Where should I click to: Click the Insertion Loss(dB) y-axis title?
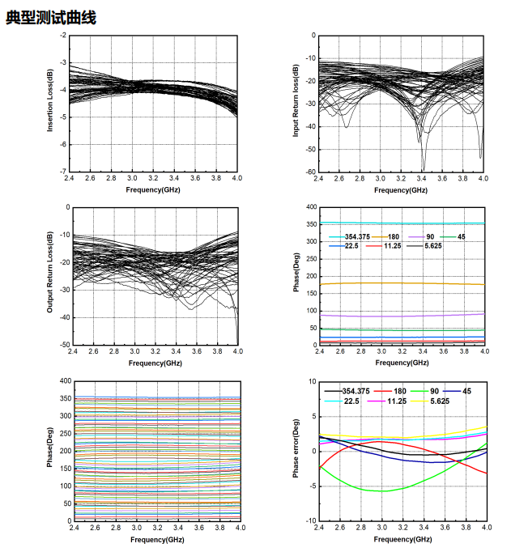tap(51, 101)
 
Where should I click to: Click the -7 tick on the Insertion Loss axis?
tap(64, 172)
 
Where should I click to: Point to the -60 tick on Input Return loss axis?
tap(309, 172)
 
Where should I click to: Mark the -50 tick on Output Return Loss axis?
tap(64, 345)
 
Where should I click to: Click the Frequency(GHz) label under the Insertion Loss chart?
tap(153, 189)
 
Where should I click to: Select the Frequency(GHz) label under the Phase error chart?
tap(402, 538)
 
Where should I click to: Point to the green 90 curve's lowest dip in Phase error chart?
tap(381, 491)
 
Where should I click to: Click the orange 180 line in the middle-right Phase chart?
tap(402, 283)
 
